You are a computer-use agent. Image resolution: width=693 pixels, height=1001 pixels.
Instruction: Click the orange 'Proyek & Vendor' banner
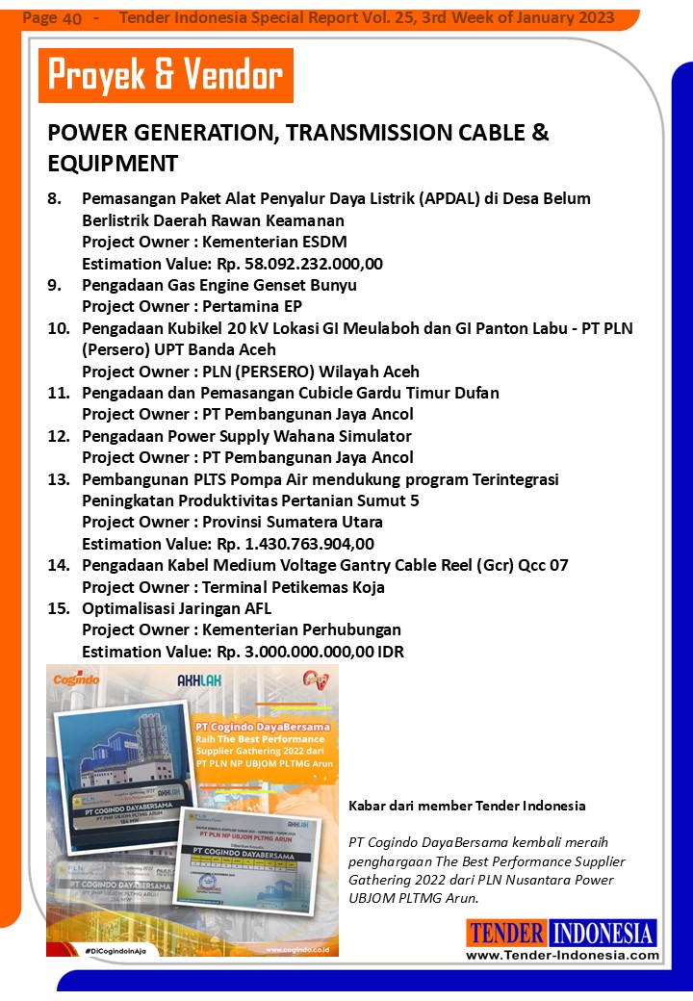[166, 75]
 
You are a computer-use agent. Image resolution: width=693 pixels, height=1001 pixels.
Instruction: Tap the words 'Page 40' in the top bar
[52, 18]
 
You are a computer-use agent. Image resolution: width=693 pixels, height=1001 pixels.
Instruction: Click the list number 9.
[55, 285]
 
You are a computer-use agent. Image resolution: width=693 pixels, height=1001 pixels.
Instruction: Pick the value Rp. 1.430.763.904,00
[295, 544]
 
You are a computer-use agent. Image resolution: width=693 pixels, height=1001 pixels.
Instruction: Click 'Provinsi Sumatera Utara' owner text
[293, 522]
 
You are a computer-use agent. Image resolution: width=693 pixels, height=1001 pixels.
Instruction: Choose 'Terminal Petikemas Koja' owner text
[294, 587]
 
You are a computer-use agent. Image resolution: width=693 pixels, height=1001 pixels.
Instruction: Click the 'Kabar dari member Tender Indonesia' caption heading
[467, 806]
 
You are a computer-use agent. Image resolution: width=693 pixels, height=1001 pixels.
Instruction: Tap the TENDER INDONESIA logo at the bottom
[562, 933]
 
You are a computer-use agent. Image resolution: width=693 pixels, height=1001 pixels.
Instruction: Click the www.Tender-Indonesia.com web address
[562, 955]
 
